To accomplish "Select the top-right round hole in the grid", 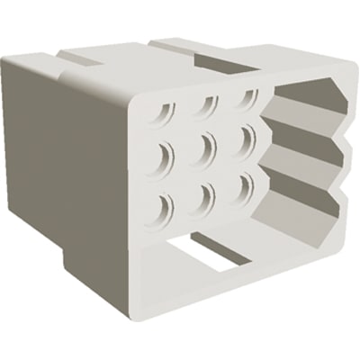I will [x=243, y=99].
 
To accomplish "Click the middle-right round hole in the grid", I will [x=244, y=140].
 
